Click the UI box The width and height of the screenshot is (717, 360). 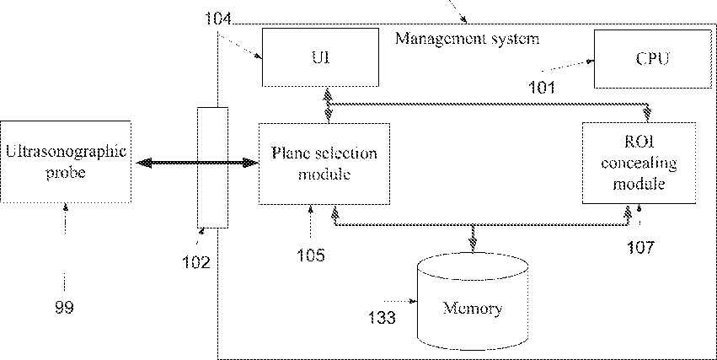320,57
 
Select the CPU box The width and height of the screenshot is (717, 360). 652,59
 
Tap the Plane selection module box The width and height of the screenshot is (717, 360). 324,164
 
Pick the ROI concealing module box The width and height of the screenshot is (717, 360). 639,163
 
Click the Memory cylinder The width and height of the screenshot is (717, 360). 473,302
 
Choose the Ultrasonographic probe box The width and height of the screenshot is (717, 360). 66,162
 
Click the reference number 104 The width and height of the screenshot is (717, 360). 218,19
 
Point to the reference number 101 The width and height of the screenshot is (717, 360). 542,87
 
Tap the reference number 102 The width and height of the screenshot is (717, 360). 196,262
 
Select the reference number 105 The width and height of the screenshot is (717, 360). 311,255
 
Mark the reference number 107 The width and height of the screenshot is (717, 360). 640,248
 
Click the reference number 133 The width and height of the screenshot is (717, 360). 383,317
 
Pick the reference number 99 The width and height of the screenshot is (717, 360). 65,308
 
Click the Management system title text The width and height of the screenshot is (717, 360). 467,39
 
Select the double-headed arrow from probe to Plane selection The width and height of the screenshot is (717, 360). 197,163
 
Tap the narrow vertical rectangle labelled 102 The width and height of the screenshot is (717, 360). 212,168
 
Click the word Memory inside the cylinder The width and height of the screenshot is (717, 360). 473,309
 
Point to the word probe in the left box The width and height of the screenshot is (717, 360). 66,173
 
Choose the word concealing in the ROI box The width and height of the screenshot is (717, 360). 639,164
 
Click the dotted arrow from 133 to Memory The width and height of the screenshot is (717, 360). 400,301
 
